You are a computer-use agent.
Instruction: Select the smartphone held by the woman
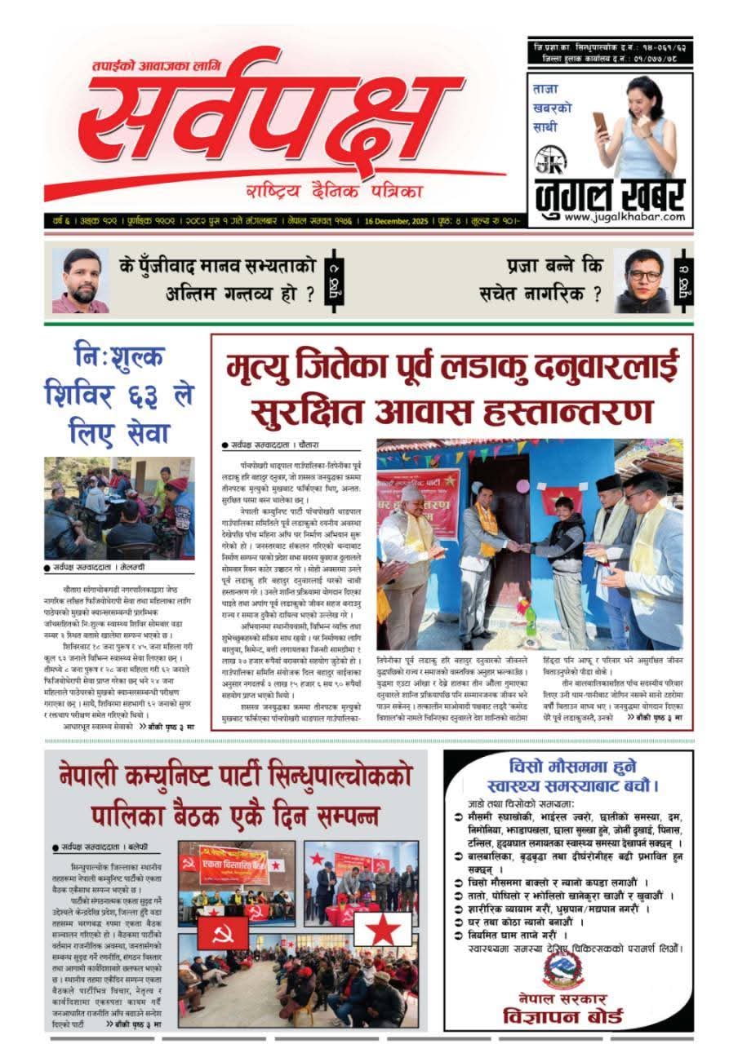(600, 123)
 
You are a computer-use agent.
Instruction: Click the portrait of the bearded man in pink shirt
(80, 281)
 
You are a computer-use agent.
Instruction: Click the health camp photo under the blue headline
(119, 507)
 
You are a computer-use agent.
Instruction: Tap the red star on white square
(381, 929)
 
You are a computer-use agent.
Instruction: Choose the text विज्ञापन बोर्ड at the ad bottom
(563, 1016)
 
